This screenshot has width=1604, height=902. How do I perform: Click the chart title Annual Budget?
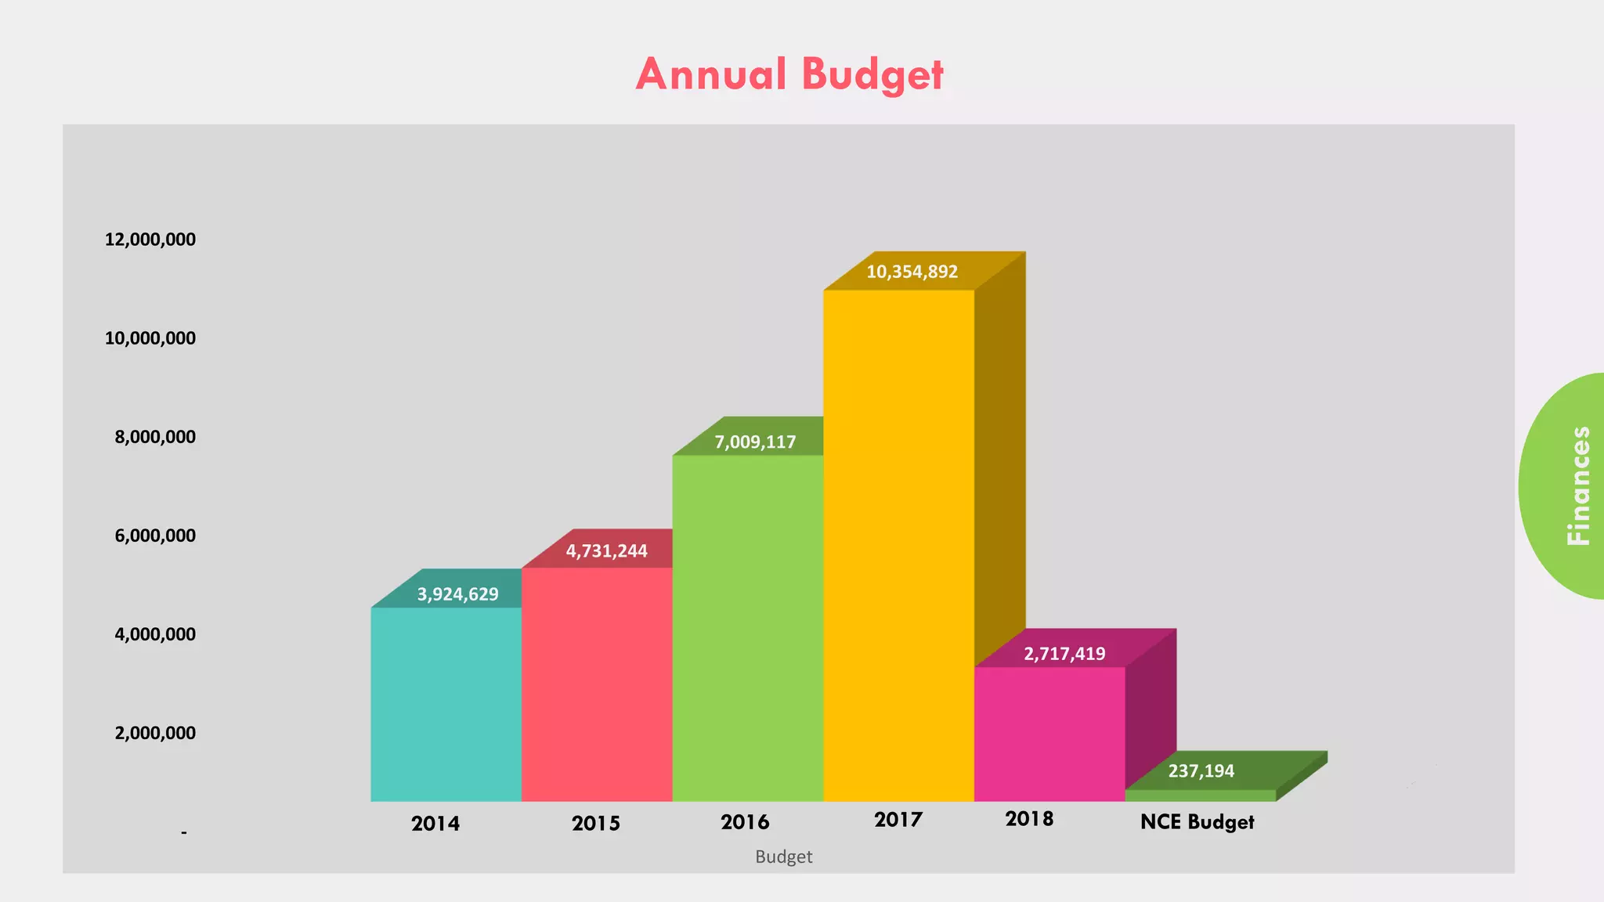click(x=789, y=74)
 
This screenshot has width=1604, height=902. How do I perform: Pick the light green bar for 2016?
click(x=747, y=627)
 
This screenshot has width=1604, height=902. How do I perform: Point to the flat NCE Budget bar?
click(x=1201, y=795)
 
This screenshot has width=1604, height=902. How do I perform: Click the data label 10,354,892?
click(x=912, y=272)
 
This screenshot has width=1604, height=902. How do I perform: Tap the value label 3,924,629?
click(x=457, y=594)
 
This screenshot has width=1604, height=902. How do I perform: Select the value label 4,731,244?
click(x=606, y=551)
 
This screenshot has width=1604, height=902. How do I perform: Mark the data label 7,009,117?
click(x=755, y=442)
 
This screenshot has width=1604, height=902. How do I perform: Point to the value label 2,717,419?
click(x=1064, y=654)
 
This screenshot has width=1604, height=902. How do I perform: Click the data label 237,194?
click(x=1201, y=771)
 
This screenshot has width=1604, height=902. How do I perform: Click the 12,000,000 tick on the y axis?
click(x=150, y=240)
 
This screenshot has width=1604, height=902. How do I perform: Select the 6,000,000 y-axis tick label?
click(x=155, y=536)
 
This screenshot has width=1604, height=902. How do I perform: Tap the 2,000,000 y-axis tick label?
click(x=155, y=733)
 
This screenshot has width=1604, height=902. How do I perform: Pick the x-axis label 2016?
click(x=745, y=822)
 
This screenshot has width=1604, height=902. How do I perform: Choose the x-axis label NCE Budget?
click(x=1197, y=822)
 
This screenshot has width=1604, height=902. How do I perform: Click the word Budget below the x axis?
click(x=783, y=857)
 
